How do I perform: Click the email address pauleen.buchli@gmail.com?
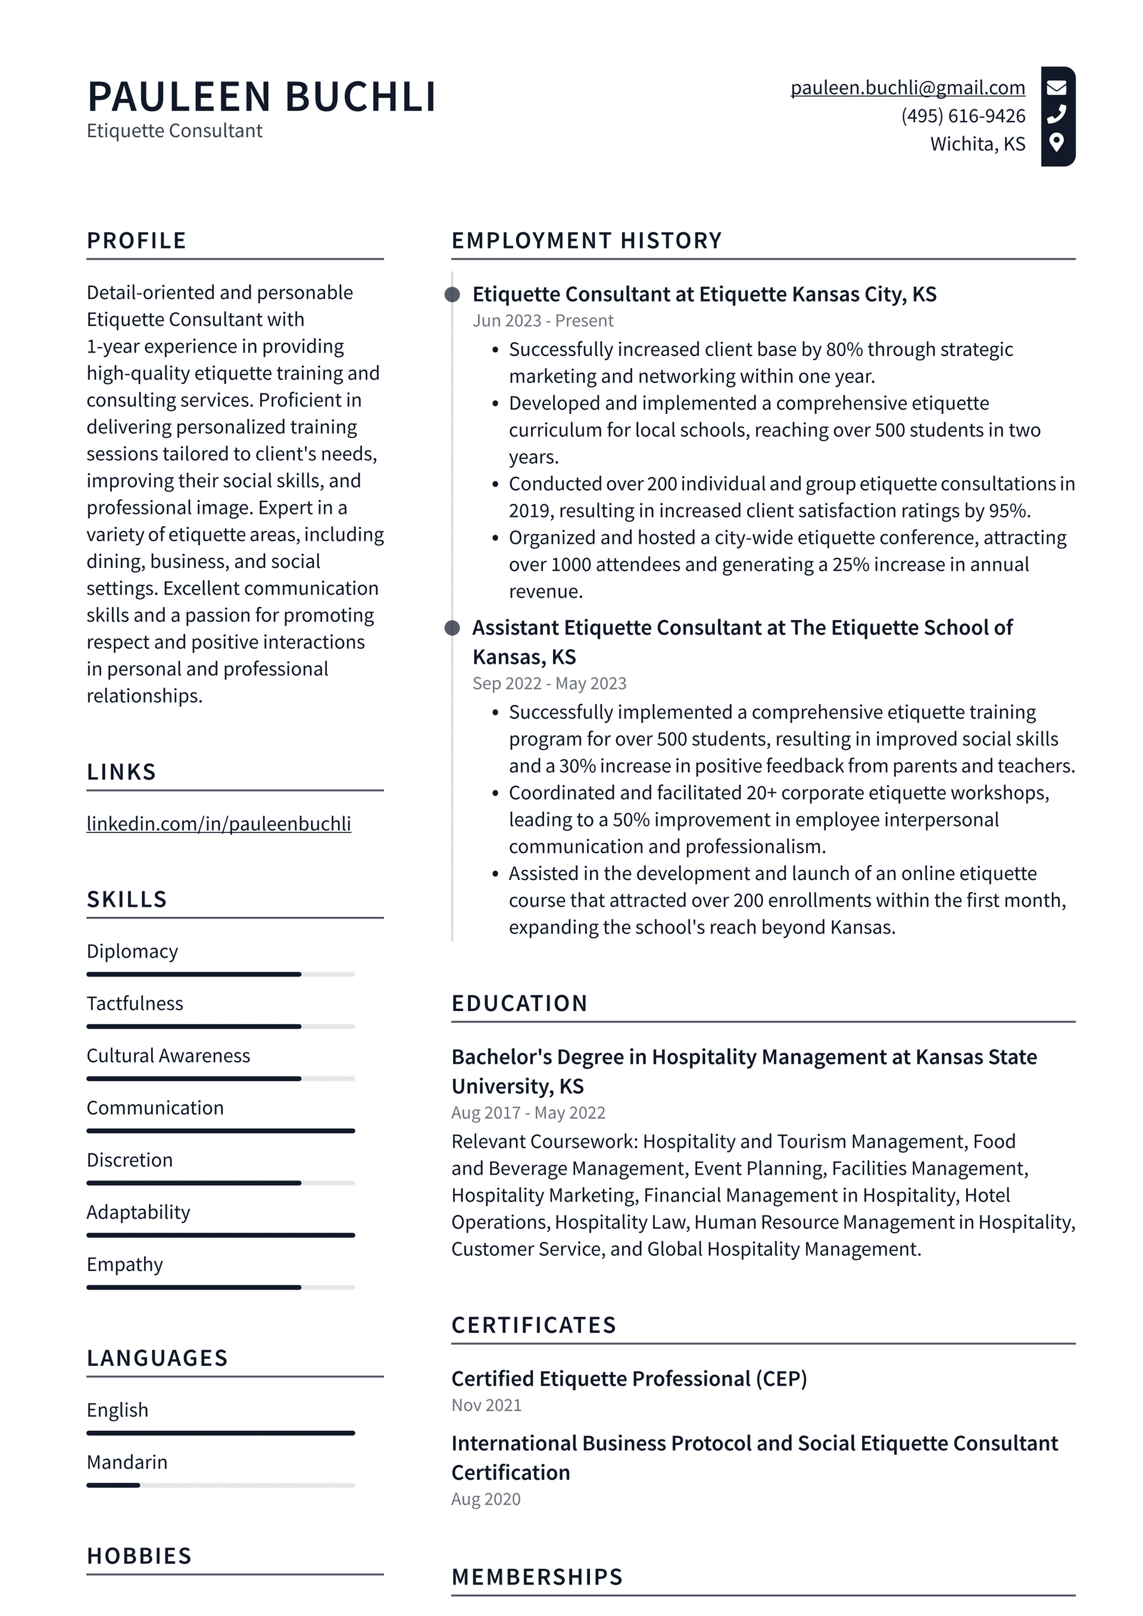[x=907, y=88]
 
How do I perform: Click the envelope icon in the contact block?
[x=1057, y=88]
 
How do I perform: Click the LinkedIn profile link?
[x=218, y=823]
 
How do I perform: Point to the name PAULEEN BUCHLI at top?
[x=262, y=96]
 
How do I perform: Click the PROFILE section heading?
[x=136, y=241]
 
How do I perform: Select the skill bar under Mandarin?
[x=220, y=1485]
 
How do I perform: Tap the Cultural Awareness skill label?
[x=168, y=1056]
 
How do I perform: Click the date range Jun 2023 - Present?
[x=543, y=321]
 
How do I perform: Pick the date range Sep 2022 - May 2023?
[x=549, y=684]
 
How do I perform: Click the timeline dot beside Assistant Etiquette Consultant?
[x=452, y=628]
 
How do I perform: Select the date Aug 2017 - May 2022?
[x=528, y=1113]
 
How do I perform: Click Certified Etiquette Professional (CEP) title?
[x=629, y=1379]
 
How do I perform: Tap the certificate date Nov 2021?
[x=486, y=1406]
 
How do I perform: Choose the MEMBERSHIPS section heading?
[x=537, y=1577]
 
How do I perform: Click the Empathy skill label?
[x=124, y=1265]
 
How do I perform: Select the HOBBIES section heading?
[x=139, y=1556]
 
